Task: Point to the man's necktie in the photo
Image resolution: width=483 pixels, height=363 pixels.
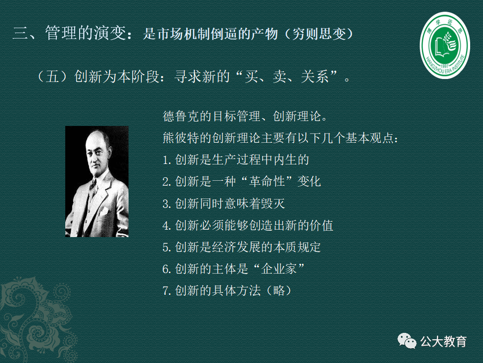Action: (x=92, y=185)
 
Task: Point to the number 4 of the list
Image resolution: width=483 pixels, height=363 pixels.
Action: (x=166, y=225)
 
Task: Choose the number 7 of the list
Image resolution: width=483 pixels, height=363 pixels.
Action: (x=166, y=291)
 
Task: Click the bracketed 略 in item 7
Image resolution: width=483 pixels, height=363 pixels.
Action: (x=279, y=290)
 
